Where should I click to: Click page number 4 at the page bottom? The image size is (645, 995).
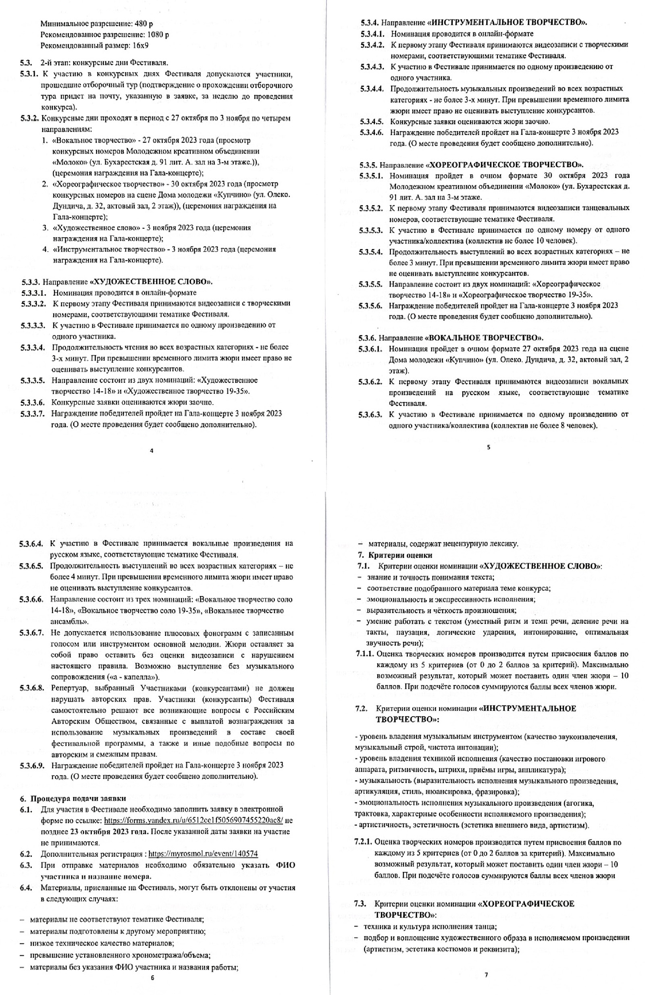[x=151, y=451]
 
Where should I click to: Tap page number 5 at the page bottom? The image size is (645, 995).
[x=489, y=447]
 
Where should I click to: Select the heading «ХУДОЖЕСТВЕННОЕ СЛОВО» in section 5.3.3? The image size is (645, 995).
[x=152, y=281]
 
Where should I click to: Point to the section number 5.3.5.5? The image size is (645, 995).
[x=370, y=284]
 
